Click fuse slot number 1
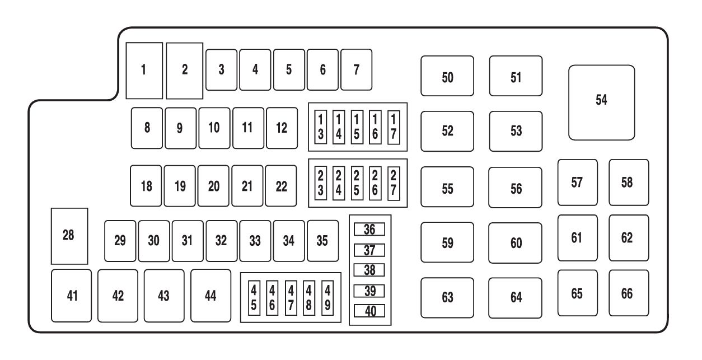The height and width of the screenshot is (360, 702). tap(144, 71)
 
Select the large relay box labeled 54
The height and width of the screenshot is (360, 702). tap(601, 102)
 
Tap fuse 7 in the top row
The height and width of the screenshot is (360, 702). tap(356, 70)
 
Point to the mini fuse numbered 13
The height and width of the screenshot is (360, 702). tap(321, 127)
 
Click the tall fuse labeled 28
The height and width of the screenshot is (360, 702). tap(69, 236)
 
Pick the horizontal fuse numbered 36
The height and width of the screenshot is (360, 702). tap(369, 229)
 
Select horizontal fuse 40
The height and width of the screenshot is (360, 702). tap(369, 311)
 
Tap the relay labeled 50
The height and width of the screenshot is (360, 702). tap(447, 76)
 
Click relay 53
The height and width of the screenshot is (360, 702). tap(516, 131)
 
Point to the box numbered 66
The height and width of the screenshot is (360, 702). tap(629, 293)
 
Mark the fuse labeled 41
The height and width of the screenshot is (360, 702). tap(71, 296)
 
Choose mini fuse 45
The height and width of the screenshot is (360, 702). tap(254, 297)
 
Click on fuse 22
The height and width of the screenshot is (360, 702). tap(282, 186)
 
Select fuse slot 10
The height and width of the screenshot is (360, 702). tap(214, 128)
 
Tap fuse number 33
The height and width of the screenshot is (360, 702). tap(255, 241)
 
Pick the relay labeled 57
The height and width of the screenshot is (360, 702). tap(577, 183)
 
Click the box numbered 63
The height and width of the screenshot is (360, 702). tap(447, 297)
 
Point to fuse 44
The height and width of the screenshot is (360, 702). tap(210, 296)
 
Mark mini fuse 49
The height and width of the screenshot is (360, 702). tap(327, 297)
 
